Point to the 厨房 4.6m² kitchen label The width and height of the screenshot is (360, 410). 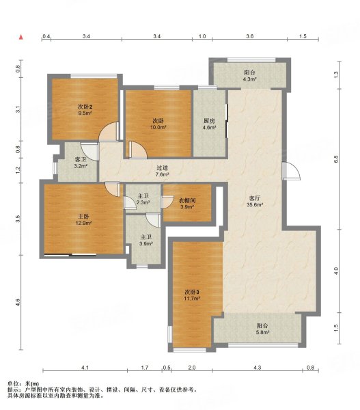[x=210, y=124]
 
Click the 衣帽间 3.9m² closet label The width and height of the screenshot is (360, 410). [x=188, y=204]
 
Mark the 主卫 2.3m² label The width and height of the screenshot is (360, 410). [x=143, y=200]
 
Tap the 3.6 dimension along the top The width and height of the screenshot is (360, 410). [x=250, y=36]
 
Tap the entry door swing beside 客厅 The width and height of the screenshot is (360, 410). [x=291, y=171]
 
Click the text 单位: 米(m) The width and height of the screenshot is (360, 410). [x=24, y=383]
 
